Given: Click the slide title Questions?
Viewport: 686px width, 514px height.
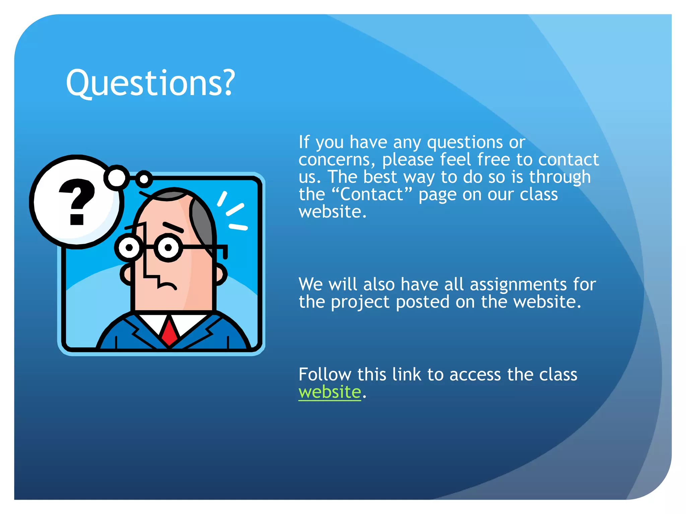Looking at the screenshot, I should pyautogui.click(x=150, y=83).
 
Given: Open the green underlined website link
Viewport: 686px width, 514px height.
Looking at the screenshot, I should pyautogui.click(x=330, y=392).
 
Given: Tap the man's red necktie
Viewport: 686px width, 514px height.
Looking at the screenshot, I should pyautogui.click(x=169, y=333).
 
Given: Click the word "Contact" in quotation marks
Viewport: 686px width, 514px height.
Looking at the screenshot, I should pyautogui.click(x=371, y=194).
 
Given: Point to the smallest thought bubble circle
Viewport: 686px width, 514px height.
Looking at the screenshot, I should pyautogui.click(x=144, y=179).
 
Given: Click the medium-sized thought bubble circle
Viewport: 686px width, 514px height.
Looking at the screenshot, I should pyautogui.click(x=116, y=176).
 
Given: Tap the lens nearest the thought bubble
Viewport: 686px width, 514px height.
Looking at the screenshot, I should pyautogui.click(x=129, y=248).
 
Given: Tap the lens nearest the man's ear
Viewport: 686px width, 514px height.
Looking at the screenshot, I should pyautogui.click(x=168, y=248).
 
